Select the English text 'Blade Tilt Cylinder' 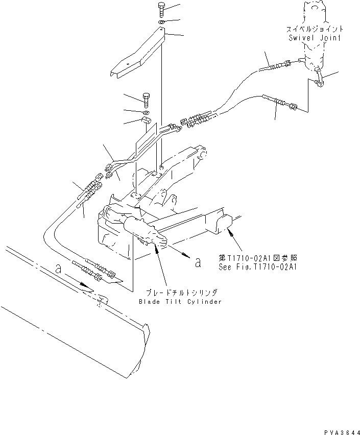point(180,302)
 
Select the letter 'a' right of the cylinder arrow point(198,262)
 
